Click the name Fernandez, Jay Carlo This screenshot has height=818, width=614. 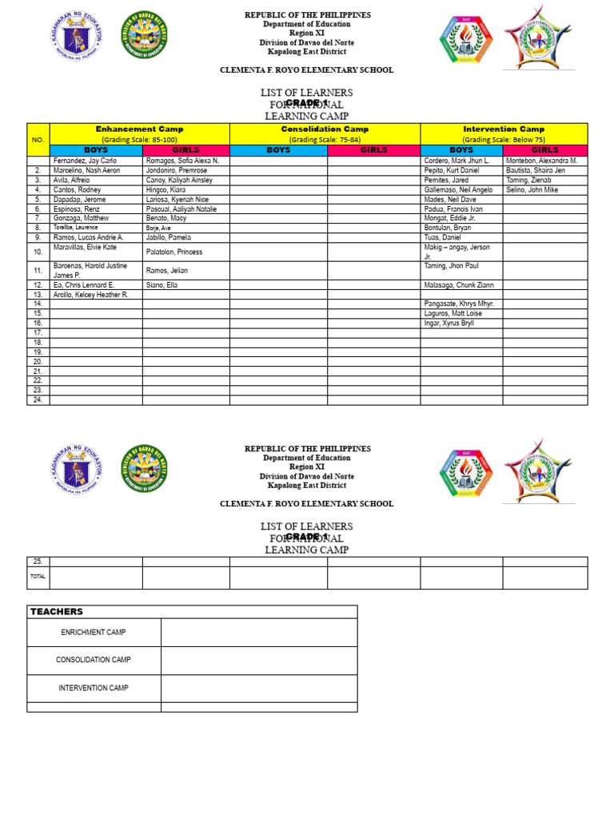[x=85, y=161]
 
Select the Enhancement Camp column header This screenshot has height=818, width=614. [x=139, y=129]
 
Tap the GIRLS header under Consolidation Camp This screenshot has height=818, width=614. [x=373, y=150]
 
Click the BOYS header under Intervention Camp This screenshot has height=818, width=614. [x=461, y=150]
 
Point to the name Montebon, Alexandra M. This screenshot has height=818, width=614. [x=541, y=161]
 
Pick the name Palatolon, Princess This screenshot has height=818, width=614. [x=173, y=252]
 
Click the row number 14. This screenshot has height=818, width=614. [x=38, y=304]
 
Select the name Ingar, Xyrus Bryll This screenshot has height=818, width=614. [x=449, y=323]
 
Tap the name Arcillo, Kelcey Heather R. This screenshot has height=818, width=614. [x=90, y=295]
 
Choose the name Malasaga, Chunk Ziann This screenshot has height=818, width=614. [x=459, y=284]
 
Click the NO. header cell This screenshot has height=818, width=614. [x=38, y=139]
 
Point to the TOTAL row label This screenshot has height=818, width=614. [x=38, y=576]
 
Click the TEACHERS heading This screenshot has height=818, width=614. [x=57, y=612]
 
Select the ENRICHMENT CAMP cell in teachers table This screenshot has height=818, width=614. [x=94, y=632]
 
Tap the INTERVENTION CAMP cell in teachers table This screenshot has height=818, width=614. [x=94, y=688]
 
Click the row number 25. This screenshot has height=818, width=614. [x=38, y=561]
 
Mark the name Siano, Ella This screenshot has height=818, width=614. [x=162, y=284]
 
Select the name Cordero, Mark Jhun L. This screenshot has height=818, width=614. [x=457, y=161]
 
